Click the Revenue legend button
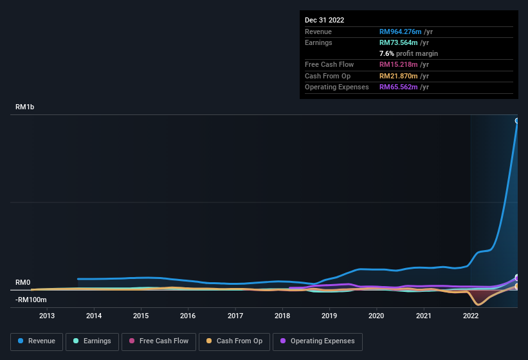37,341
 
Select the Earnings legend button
93,341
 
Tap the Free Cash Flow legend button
158,341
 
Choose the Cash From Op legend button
235,341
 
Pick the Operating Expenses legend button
318,341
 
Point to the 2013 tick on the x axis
47,316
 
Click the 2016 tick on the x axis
188,316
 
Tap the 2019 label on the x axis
329,316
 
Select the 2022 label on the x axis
470,316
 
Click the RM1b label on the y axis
24,107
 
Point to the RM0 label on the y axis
23,283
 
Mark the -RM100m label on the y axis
31,300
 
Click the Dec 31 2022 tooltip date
325,20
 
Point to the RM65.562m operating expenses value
401,87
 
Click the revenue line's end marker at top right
516,121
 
